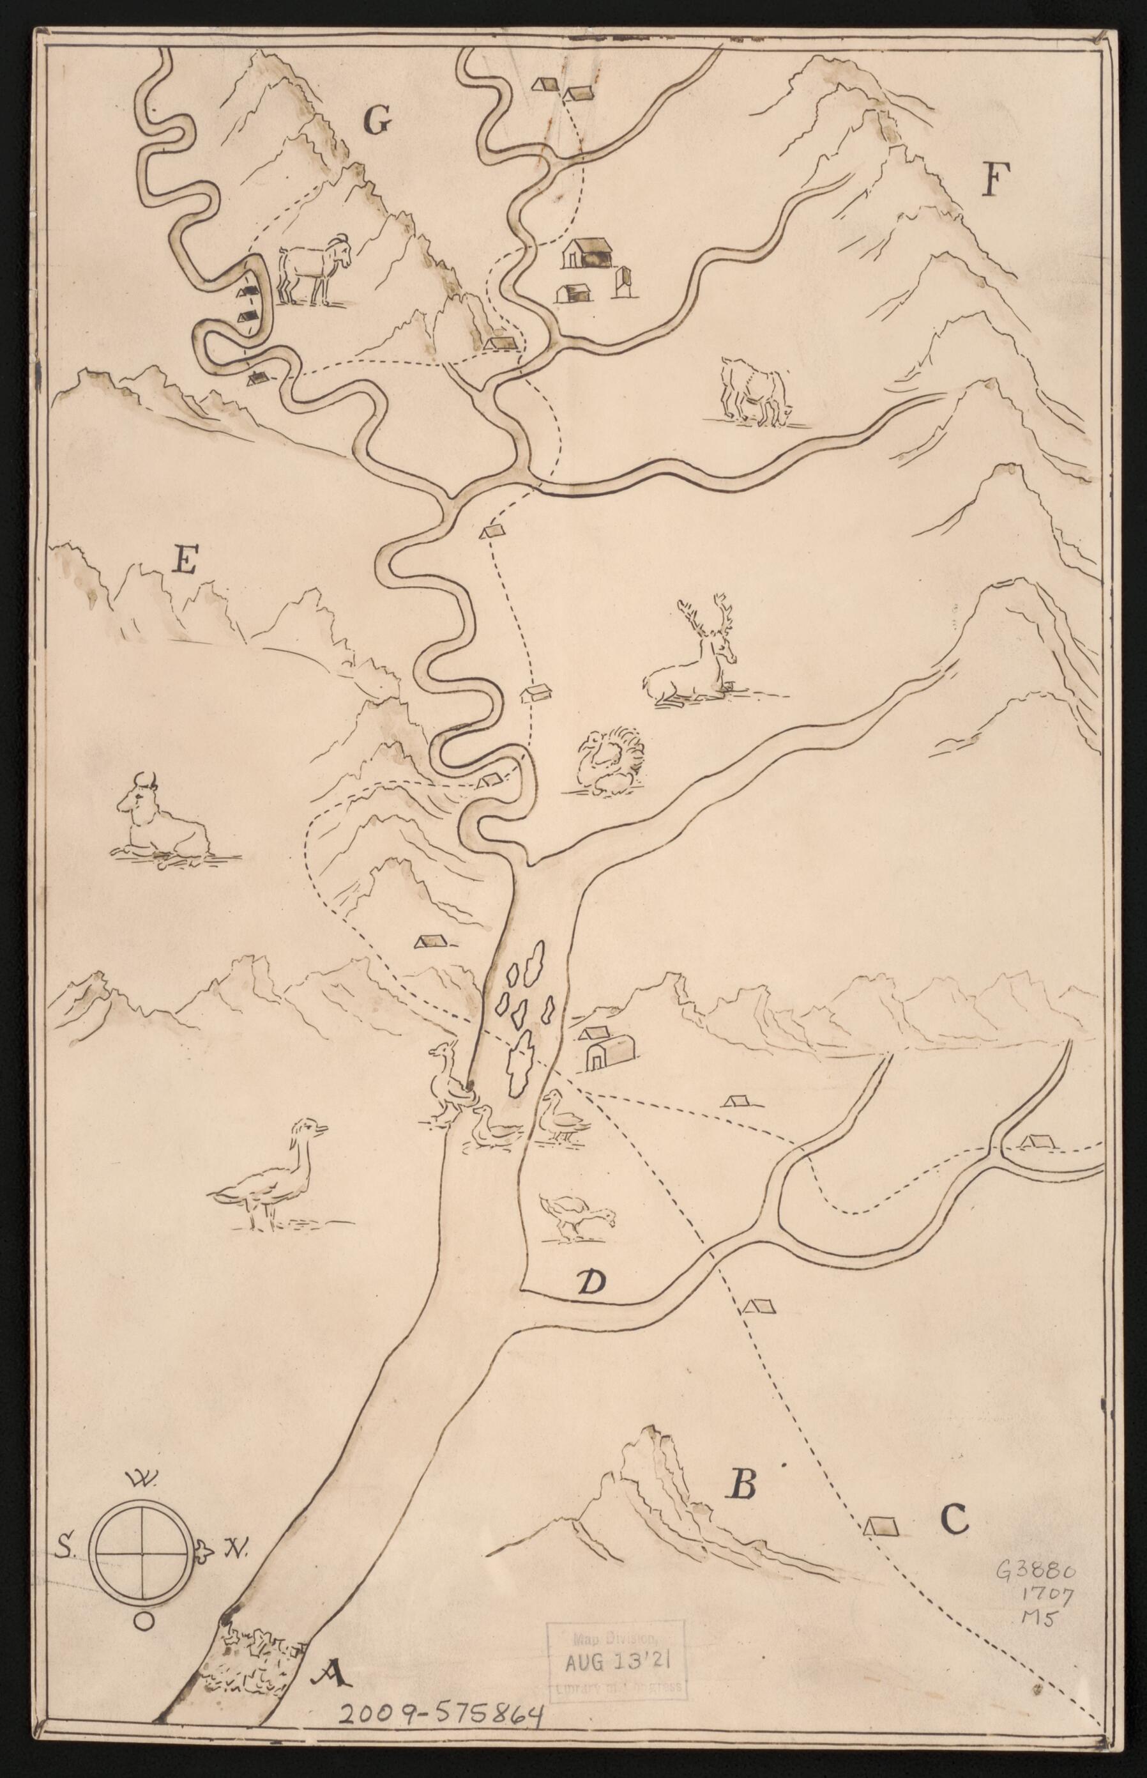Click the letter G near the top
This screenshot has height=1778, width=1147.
[x=377, y=121]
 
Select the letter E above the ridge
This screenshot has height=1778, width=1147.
[x=184, y=560]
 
